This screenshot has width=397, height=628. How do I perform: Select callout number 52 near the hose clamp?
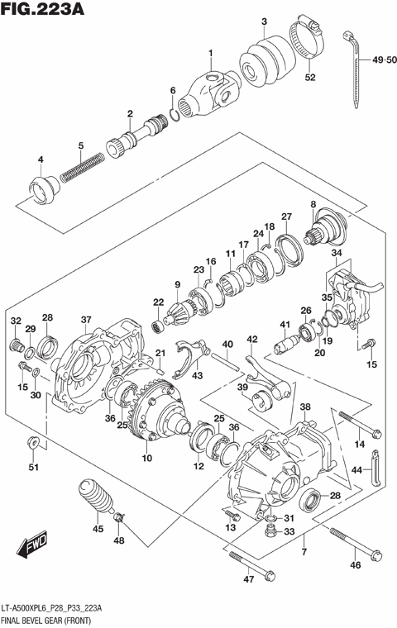click(x=310, y=78)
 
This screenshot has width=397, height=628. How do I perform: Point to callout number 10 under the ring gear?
click(x=147, y=459)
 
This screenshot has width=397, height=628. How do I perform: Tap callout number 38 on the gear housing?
click(x=305, y=407)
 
